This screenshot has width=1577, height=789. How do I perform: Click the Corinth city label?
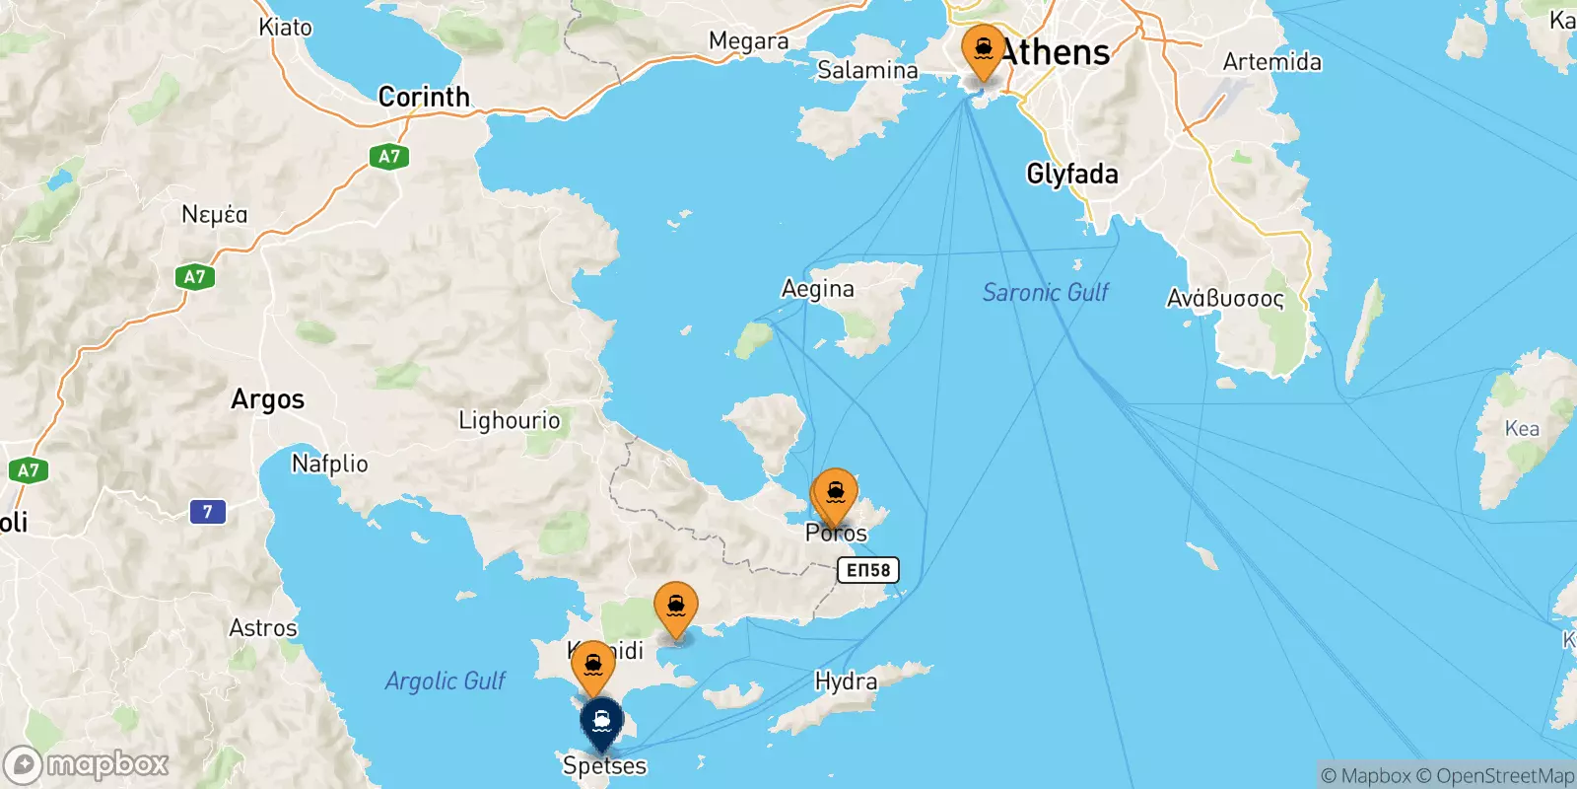click(x=424, y=97)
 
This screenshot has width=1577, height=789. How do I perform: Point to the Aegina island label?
click(x=817, y=289)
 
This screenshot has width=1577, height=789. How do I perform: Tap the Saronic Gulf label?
click(x=1045, y=292)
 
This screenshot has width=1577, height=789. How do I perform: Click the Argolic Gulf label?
click(x=445, y=681)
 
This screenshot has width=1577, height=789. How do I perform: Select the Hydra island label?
click(x=846, y=681)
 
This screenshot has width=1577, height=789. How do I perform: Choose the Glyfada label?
click(x=1072, y=175)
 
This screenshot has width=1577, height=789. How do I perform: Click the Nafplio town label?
click(x=329, y=464)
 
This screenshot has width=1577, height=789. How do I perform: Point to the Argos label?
click(x=267, y=399)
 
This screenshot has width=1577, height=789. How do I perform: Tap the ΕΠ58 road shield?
click(x=868, y=570)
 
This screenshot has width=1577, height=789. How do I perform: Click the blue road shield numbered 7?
click(x=207, y=512)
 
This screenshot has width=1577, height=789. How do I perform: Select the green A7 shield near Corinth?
click(x=389, y=156)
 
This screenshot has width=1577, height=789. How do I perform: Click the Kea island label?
click(x=1521, y=428)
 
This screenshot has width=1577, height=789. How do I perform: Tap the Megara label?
click(x=748, y=41)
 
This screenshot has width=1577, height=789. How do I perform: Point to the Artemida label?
click(x=1271, y=62)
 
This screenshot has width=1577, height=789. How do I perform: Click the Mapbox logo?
click(x=87, y=764)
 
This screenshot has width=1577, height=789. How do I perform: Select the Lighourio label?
click(x=509, y=421)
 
